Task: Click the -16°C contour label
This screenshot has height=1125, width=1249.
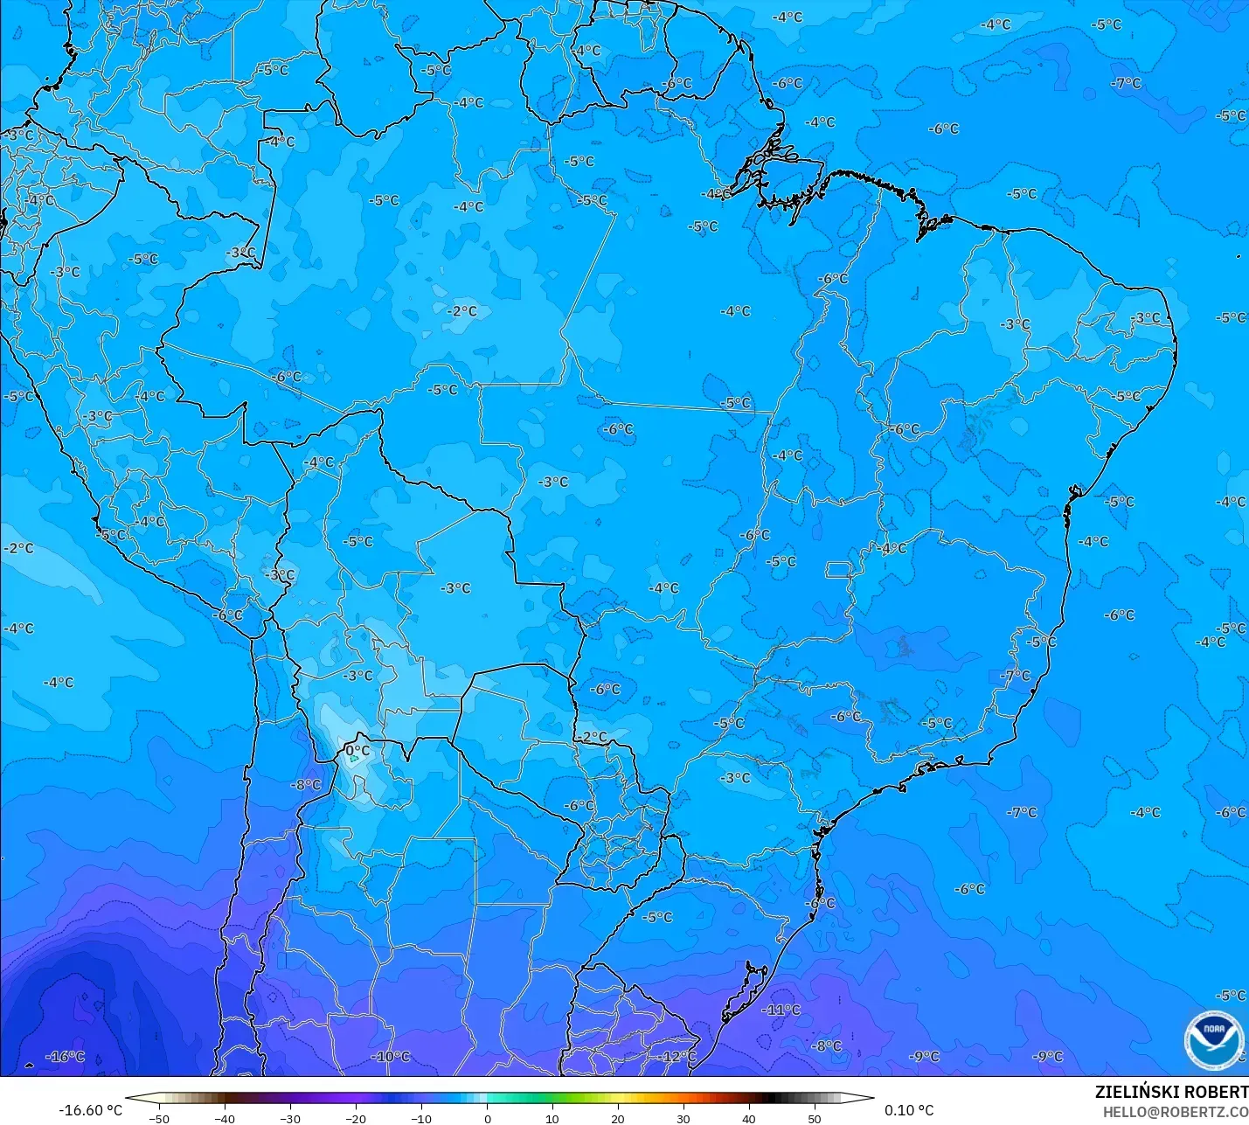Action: coord(66,1056)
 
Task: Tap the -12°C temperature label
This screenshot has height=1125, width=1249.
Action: coord(677,1056)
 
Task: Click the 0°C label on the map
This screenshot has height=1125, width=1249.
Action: coord(357,750)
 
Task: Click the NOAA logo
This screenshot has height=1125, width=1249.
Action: coord(1213,1039)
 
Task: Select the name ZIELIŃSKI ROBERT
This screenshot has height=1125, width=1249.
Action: coord(1171,1092)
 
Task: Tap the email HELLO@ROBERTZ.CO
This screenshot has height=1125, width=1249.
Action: coord(1175,1112)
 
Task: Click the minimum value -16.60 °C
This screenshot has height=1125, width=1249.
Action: coord(90,1110)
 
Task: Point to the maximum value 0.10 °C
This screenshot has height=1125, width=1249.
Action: coord(909,1110)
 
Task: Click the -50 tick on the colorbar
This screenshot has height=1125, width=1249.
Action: coord(159,1118)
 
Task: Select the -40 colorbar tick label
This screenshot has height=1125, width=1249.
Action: coord(225,1118)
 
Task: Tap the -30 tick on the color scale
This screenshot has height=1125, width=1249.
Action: coord(290,1118)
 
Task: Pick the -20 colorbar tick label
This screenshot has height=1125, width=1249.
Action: coord(356,1118)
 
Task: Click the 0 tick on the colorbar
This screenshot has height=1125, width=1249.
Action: coord(488,1118)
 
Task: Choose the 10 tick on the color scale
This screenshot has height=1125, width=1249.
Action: coord(552,1118)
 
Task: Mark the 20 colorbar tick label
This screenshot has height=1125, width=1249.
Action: coord(618,1118)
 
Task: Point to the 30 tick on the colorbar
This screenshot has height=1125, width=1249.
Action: coord(683,1118)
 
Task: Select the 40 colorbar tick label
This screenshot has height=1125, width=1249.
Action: coord(749,1118)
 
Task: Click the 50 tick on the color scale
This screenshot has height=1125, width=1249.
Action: coord(815,1118)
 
